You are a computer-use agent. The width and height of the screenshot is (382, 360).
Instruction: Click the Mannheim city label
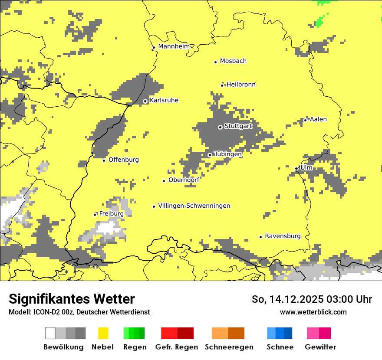(174, 46)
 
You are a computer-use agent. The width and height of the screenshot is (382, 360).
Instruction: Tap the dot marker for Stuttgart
(220, 127)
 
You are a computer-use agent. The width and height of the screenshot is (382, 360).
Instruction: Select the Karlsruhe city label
(164, 101)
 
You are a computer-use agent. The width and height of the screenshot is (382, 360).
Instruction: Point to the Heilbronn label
(241, 85)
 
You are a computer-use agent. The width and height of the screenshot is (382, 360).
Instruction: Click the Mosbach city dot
(215, 62)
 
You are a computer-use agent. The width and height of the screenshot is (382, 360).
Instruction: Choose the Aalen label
(318, 119)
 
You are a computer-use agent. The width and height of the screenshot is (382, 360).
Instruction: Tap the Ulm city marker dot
(296, 168)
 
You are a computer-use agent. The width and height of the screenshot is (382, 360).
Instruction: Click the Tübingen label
(228, 154)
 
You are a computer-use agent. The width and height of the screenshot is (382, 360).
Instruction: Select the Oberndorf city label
(184, 180)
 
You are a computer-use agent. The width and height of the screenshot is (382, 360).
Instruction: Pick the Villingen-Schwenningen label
(194, 206)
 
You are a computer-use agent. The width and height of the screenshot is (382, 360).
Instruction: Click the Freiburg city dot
(95, 215)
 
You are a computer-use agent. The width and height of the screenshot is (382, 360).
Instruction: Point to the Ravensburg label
(283, 236)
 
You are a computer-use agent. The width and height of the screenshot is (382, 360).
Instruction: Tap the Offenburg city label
(124, 160)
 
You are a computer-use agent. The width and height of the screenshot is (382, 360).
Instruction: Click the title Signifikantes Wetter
(72, 299)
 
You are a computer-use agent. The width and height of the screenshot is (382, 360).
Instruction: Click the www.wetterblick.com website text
(313, 312)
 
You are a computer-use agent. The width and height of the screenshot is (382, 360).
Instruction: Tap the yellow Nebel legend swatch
(103, 333)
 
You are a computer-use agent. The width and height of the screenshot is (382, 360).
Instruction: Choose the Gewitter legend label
(320, 347)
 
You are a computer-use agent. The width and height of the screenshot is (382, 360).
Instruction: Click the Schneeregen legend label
(229, 347)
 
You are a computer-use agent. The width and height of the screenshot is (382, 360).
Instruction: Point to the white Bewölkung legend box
(50, 333)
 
